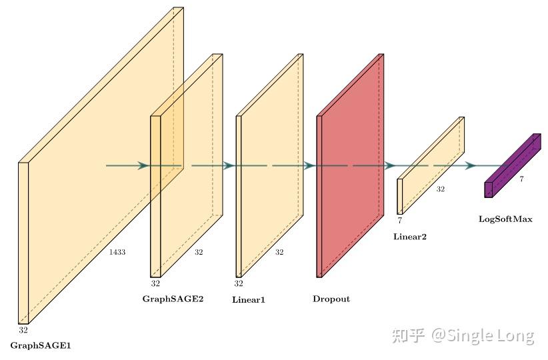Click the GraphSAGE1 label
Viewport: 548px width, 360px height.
point(41,345)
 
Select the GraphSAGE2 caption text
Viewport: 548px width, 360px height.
point(173,299)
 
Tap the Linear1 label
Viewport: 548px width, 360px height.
point(249,300)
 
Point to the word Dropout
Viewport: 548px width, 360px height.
point(331,299)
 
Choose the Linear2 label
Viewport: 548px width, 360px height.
point(410,237)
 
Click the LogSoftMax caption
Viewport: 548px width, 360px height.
point(505,219)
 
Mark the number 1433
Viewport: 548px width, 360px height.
point(117,252)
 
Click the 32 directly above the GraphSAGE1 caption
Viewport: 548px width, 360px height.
point(23,330)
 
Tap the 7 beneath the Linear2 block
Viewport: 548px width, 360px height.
point(400,219)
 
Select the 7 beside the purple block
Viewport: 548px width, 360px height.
point(521,179)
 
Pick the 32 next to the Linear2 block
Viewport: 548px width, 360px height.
point(441,189)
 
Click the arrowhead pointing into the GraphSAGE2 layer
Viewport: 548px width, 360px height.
point(143,165)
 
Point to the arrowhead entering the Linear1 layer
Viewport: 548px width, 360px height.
point(228,165)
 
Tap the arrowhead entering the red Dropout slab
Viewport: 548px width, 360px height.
point(309,165)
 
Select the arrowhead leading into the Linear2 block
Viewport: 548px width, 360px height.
point(390,165)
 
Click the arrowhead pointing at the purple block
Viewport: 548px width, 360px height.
point(471,165)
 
